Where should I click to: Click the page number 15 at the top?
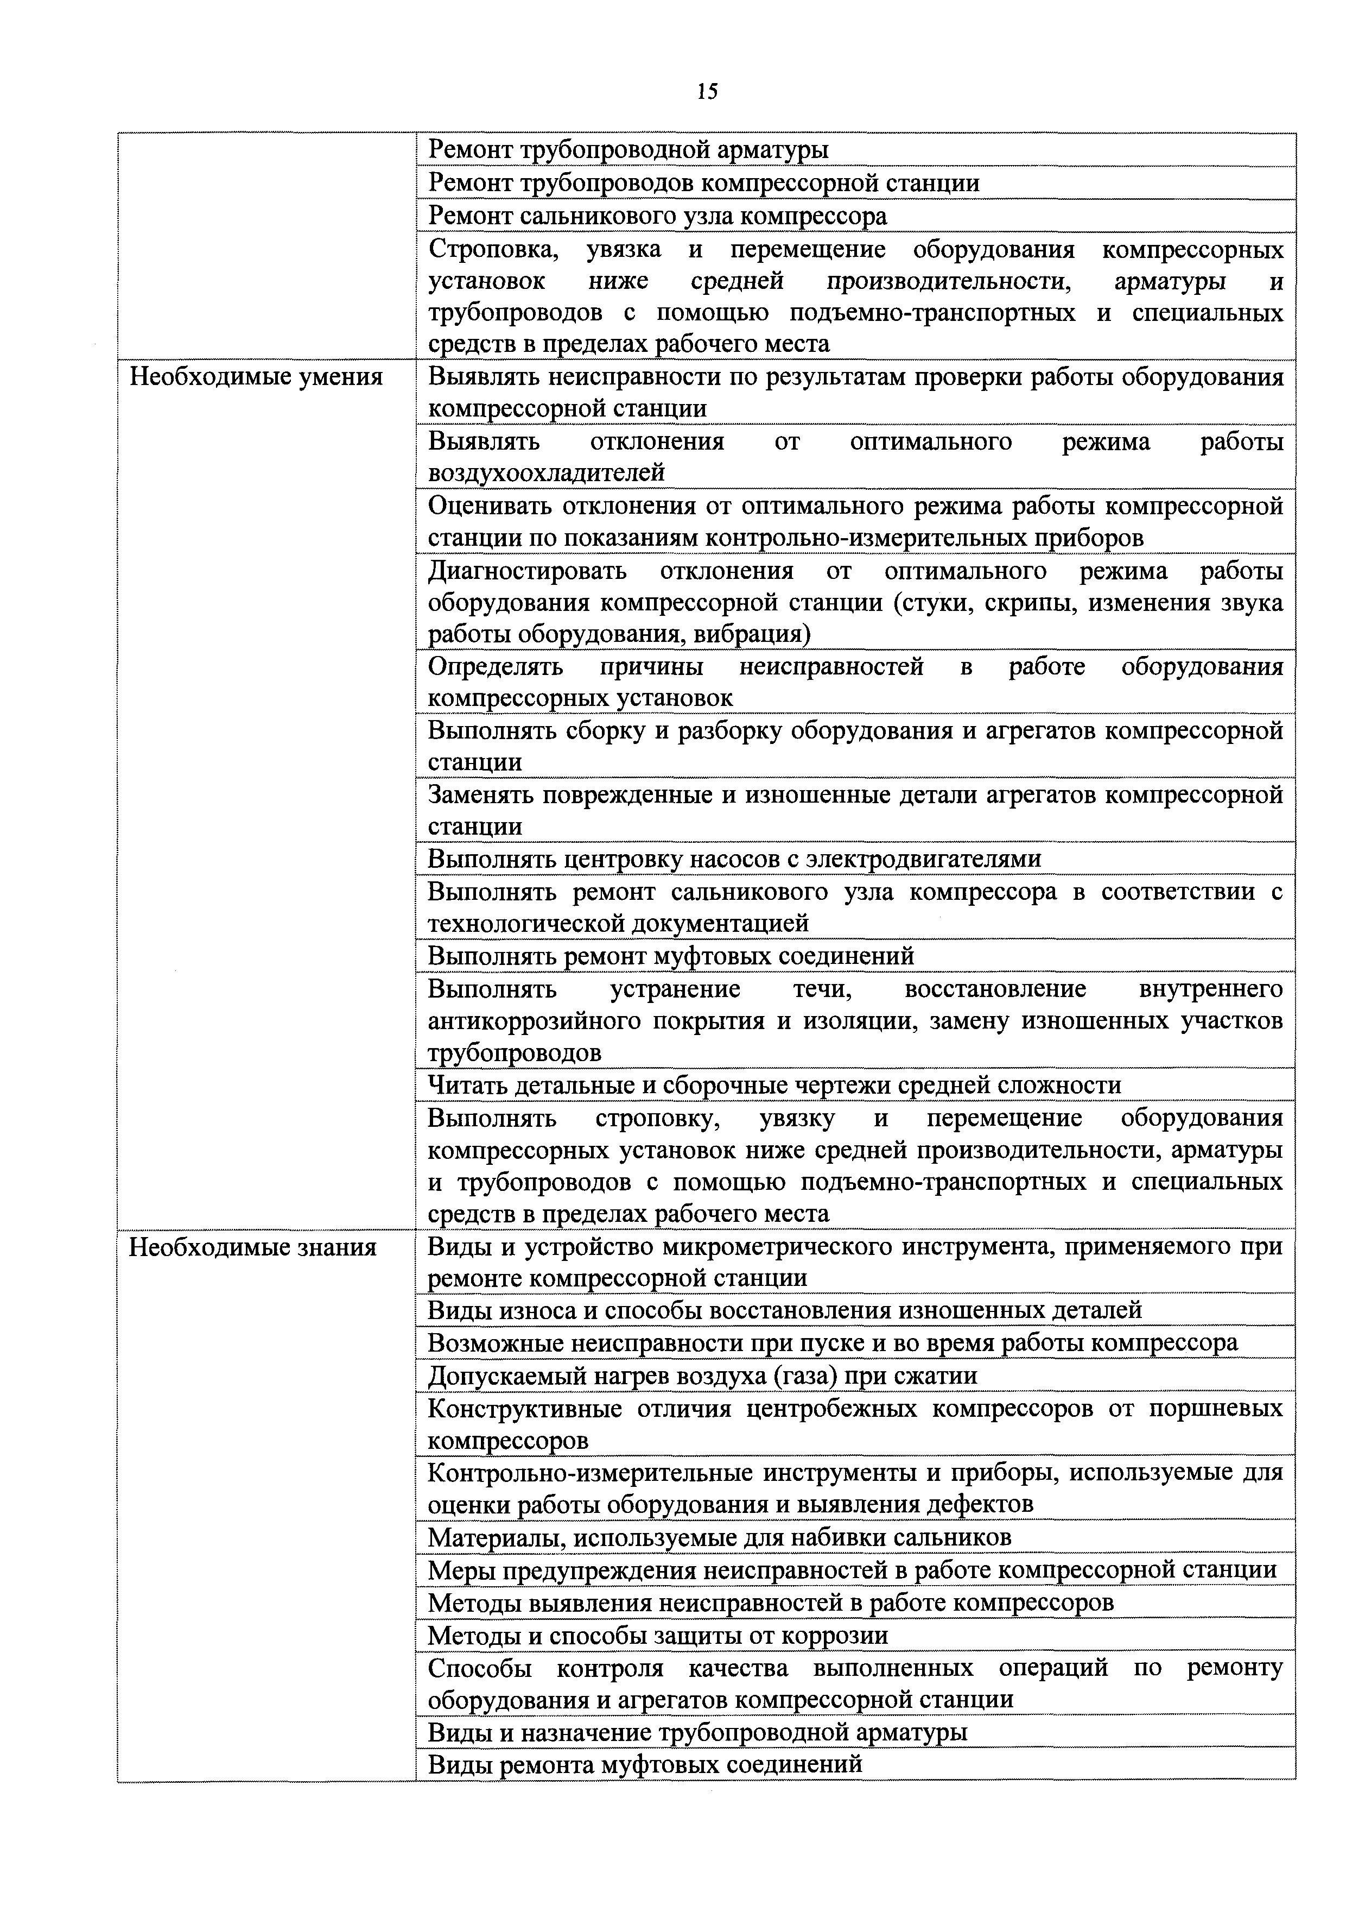tap(707, 91)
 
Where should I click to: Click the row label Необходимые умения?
tap(256, 377)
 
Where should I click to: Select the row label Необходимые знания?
tap(252, 1247)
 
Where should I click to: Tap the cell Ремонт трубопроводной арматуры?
tap(628, 150)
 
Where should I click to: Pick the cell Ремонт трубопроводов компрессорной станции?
tap(703, 182)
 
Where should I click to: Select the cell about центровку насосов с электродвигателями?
tap(734, 859)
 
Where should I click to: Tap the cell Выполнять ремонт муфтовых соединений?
tap(671, 956)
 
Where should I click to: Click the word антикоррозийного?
tap(534, 1020)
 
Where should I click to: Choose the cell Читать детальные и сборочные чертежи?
tap(774, 1085)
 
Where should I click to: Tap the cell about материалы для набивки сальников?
tap(719, 1537)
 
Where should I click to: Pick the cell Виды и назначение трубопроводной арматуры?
tap(697, 1732)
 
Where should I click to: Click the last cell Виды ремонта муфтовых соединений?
tap(644, 1764)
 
